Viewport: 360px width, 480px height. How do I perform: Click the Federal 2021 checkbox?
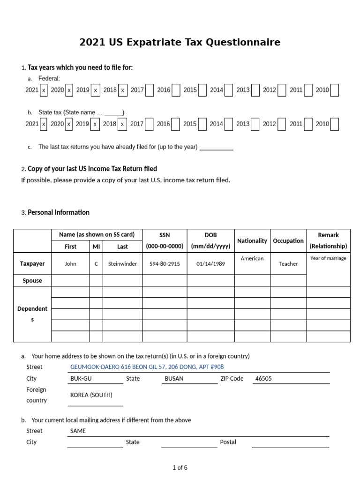(x=44, y=90)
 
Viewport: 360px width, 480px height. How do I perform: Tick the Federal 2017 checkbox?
(x=150, y=90)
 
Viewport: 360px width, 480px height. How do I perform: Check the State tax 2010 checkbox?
(x=334, y=124)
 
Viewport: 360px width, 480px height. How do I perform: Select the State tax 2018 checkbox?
(x=123, y=124)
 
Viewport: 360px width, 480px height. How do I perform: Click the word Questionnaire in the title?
(x=247, y=43)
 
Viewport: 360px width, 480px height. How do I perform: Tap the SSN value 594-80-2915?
(x=165, y=264)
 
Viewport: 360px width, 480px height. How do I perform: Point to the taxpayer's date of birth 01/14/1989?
(x=210, y=264)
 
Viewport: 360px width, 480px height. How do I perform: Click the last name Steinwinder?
(x=122, y=264)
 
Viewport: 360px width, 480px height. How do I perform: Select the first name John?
(x=70, y=264)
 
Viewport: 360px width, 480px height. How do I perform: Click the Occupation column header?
(x=288, y=241)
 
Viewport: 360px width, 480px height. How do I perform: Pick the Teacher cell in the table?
(x=288, y=264)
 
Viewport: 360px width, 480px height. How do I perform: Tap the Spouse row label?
(x=32, y=281)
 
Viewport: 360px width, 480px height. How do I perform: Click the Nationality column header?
(x=252, y=241)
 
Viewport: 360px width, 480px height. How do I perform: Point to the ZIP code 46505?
(x=263, y=379)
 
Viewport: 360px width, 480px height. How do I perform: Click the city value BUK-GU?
(x=81, y=379)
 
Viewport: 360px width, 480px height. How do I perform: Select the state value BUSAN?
(x=174, y=379)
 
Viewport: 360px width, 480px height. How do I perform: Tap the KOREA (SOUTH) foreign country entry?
(x=91, y=395)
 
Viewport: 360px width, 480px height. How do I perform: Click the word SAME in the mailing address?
(x=78, y=431)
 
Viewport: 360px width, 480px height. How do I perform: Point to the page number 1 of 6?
(x=180, y=468)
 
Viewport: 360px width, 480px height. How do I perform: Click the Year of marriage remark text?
(x=328, y=258)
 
